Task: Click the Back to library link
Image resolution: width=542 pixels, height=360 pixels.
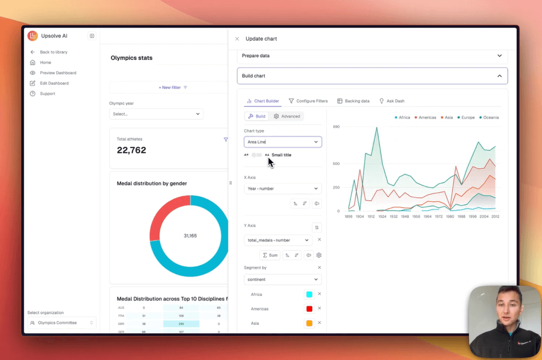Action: coord(53,52)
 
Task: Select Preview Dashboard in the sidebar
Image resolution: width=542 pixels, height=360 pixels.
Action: coord(58,73)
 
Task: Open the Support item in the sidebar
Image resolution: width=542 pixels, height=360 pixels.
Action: coord(47,94)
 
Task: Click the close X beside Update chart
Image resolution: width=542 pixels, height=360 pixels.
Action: coord(237,39)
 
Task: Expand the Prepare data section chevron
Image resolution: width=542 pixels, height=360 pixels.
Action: coord(499,56)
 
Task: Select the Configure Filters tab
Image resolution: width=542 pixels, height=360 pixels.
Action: coord(308,101)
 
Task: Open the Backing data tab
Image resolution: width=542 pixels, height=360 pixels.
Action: coord(353,101)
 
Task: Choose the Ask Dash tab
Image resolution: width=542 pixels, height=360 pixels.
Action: coord(392,101)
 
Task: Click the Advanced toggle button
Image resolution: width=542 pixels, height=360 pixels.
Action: coord(286,116)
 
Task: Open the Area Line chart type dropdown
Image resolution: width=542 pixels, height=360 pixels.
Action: coord(283,142)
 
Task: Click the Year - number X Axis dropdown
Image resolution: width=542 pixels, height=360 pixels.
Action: coord(283,188)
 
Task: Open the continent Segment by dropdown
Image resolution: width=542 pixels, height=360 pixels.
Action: coord(283,280)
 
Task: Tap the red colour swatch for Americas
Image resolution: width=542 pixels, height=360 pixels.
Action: coord(309,309)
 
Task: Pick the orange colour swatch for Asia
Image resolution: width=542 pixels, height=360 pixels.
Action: coord(309,323)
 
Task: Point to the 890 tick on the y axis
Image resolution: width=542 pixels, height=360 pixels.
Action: coord(336,127)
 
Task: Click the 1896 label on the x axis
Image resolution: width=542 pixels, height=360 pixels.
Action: coord(348,217)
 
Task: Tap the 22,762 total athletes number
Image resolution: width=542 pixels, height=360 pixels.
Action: coord(131,150)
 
